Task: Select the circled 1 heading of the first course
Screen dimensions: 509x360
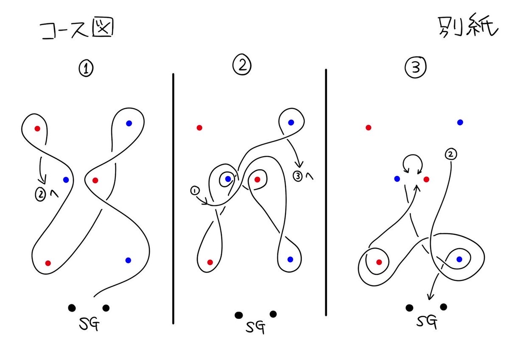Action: pos(86,69)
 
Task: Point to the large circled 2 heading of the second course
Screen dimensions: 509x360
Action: pos(242,65)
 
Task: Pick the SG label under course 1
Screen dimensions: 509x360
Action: pos(89,323)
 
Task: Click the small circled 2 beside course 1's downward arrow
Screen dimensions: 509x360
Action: pos(40,195)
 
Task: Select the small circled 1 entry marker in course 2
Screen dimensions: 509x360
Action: pos(195,191)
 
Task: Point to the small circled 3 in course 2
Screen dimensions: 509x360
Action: pos(298,176)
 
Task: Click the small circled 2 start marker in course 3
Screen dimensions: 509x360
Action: pos(451,155)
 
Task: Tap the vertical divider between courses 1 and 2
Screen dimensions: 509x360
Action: pos(173,199)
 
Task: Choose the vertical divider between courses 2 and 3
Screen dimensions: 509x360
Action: pos(326,192)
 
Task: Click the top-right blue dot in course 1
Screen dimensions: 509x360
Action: pos(129,123)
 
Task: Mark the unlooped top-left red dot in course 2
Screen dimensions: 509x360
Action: pos(199,128)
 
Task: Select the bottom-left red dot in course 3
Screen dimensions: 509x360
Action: pos(379,262)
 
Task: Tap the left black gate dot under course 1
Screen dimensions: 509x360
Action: pos(72,308)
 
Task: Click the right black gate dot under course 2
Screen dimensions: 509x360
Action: pos(273,314)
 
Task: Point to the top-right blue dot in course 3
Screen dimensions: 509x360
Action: pos(460,122)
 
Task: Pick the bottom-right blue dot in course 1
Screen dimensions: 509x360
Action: pos(128,260)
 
